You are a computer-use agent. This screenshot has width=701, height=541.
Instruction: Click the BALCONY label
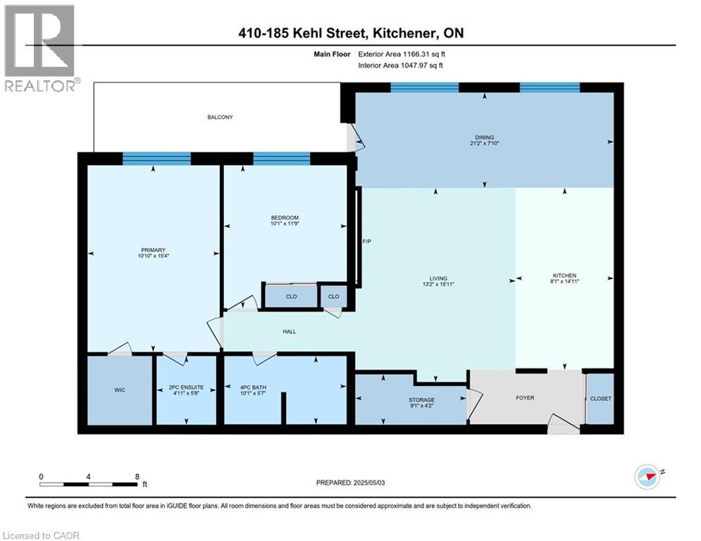220,117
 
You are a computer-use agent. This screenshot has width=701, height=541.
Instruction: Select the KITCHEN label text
564,275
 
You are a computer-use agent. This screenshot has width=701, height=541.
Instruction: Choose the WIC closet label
119,390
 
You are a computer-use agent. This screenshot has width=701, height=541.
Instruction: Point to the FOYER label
525,398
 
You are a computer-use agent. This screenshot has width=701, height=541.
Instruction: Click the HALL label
289,331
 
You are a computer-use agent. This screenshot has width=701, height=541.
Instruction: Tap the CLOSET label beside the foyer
601,399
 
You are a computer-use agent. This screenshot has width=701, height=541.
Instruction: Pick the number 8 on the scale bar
136,476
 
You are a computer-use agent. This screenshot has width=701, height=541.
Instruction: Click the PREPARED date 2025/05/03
352,483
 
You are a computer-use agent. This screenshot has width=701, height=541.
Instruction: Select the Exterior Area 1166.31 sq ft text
400,54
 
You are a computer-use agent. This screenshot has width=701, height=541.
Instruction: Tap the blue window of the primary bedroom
156,158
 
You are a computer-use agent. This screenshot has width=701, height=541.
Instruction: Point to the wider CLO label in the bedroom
291,297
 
